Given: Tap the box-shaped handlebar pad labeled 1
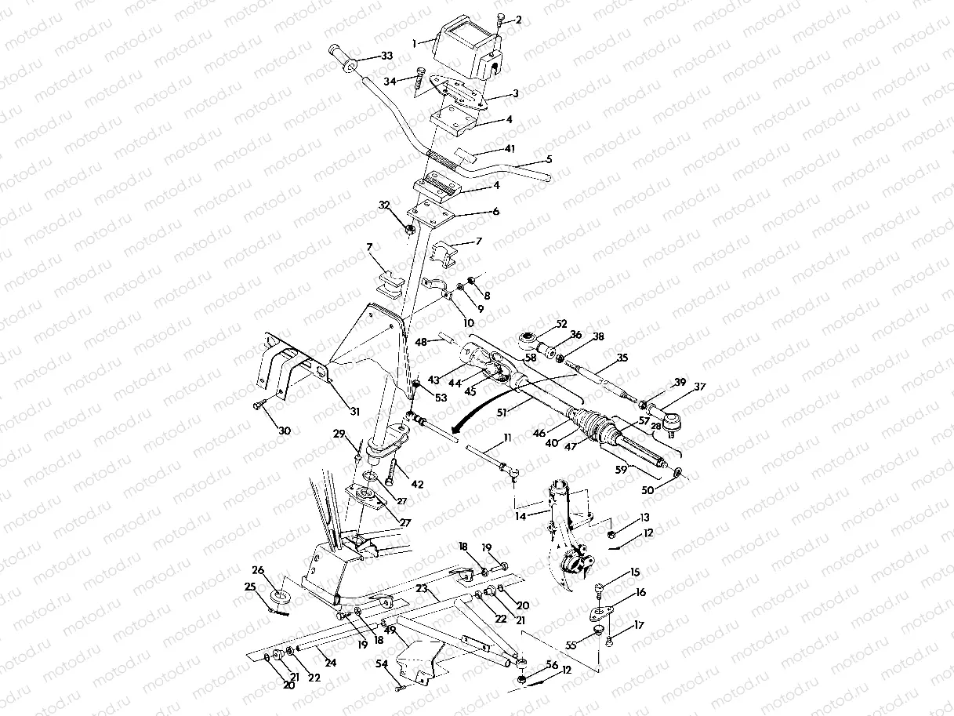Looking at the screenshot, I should click(467, 51).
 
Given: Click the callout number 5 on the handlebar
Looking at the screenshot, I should click(549, 159).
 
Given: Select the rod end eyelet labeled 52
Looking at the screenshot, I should click(528, 340).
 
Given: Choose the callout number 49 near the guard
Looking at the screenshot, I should click(390, 627).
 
